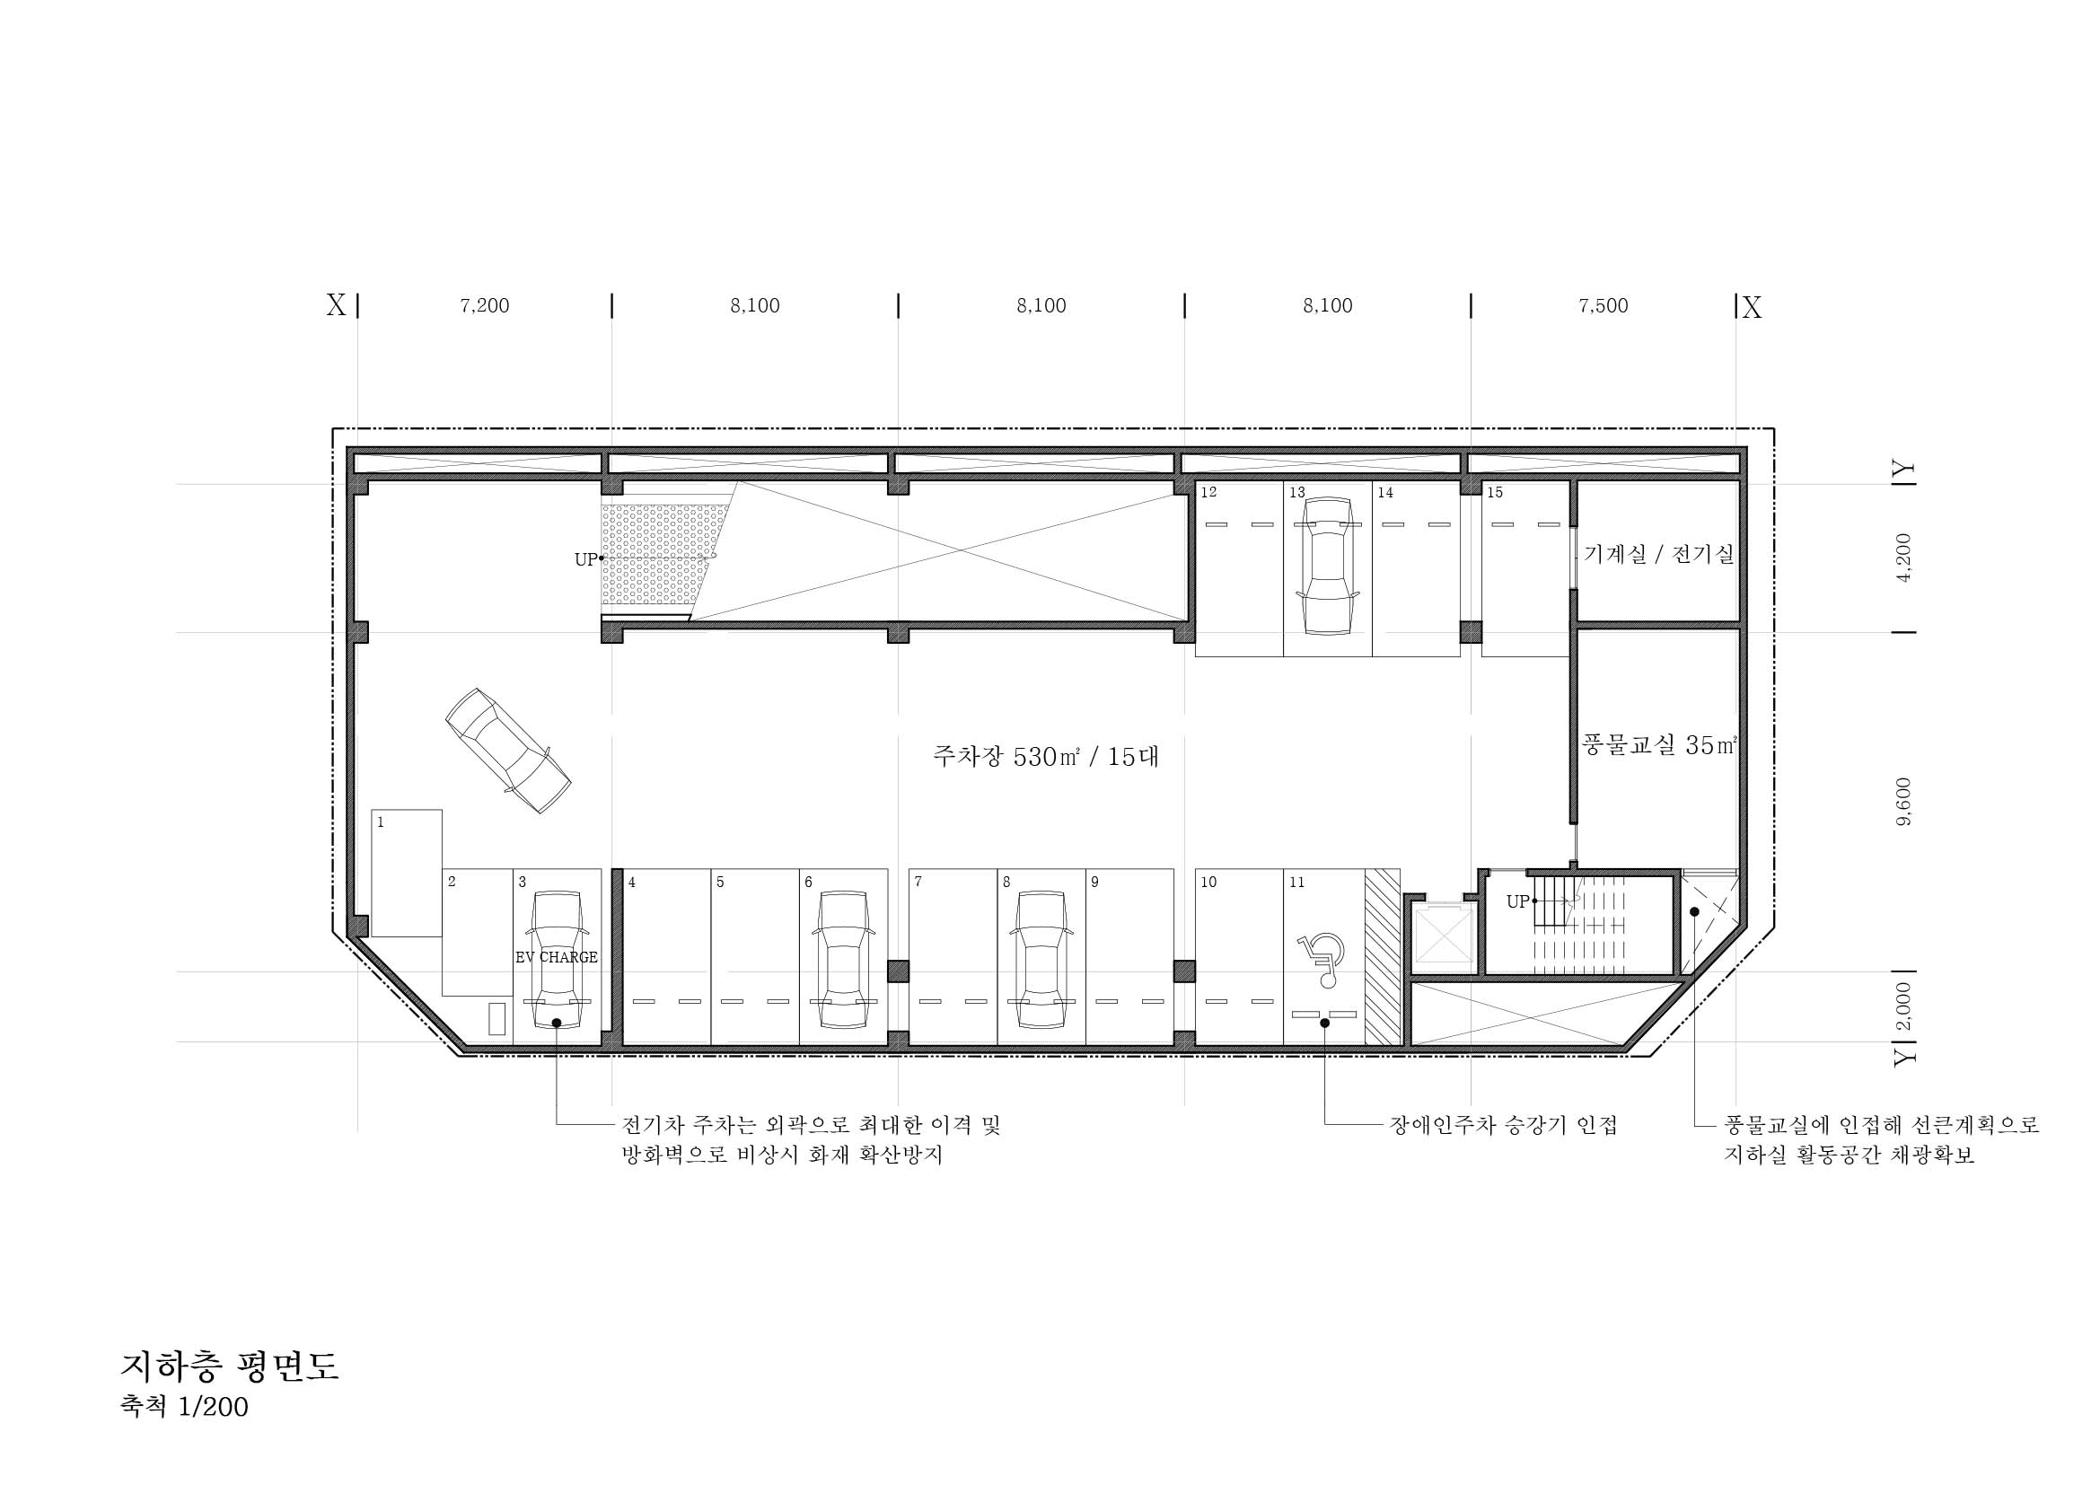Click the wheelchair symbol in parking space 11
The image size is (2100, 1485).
click(x=1321, y=960)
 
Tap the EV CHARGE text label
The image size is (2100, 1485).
click(x=556, y=957)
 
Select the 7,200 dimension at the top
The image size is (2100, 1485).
click(x=485, y=305)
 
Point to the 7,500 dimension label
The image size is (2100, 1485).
click(x=1604, y=305)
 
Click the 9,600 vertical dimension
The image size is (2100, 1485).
click(x=1904, y=802)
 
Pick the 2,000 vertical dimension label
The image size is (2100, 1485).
click(x=1904, y=1006)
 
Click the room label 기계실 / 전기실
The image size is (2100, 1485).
click(x=1658, y=553)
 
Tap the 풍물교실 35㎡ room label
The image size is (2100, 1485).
click(x=1658, y=745)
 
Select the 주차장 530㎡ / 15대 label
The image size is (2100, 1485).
click(x=1045, y=756)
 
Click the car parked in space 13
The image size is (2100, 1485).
click(x=1327, y=565)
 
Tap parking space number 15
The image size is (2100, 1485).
click(x=1495, y=493)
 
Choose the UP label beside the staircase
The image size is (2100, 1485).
click(x=1517, y=901)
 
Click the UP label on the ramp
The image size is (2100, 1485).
click(x=585, y=559)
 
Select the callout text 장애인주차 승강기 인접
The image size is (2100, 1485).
click(x=1504, y=1125)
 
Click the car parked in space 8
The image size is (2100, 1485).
click(x=1041, y=960)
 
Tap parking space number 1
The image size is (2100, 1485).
click(x=381, y=822)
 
